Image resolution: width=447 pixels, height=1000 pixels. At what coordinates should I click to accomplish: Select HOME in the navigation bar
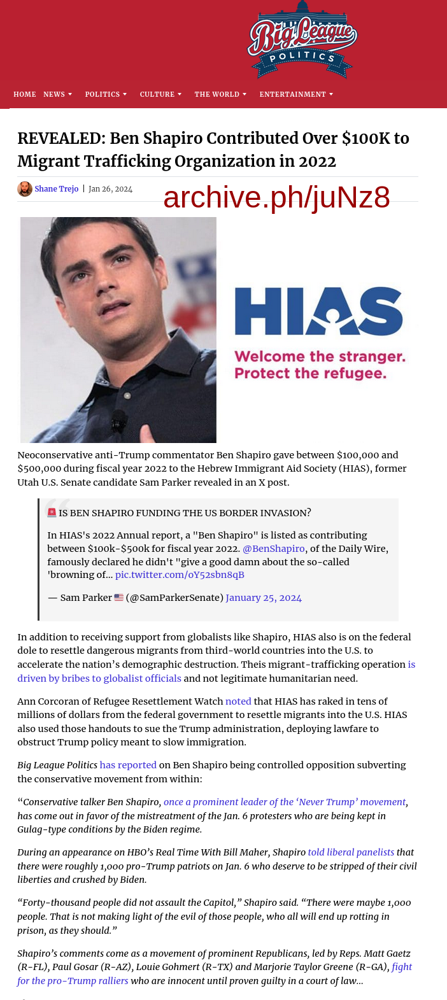[25, 94]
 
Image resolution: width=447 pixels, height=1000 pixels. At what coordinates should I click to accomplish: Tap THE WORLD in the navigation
[217, 94]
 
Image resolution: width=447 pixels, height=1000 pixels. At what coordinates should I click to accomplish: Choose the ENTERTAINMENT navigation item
[293, 94]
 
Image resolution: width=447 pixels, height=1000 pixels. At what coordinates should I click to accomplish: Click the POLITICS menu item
[103, 94]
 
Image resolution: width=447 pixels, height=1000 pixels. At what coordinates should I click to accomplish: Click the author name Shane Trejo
[57, 189]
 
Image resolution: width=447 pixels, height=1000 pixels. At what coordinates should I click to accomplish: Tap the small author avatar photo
[25, 189]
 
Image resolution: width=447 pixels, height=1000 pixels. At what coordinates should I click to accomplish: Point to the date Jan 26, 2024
[110, 189]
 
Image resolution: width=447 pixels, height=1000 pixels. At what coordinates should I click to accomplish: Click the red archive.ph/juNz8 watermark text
[276, 198]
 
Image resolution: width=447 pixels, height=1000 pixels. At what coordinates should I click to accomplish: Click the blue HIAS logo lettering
[318, 311]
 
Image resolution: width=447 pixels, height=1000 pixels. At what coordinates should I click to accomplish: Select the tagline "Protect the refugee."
[311, 373]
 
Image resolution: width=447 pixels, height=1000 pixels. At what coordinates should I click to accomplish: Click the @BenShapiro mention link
[274, 549]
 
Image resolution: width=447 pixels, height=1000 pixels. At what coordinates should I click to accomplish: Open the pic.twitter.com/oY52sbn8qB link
[180, 575]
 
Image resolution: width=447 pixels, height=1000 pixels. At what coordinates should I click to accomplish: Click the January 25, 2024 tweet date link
[264, 598]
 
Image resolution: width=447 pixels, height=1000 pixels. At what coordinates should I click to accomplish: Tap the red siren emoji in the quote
[52, 512]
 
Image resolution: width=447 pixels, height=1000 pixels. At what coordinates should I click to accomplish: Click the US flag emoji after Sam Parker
[118, 598]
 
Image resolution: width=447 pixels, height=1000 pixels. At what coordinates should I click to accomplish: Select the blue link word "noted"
[238, 701]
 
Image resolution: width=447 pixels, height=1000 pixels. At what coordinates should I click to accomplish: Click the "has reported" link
[128, 765]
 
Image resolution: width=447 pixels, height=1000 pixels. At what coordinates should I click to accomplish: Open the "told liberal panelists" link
[351, 852]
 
